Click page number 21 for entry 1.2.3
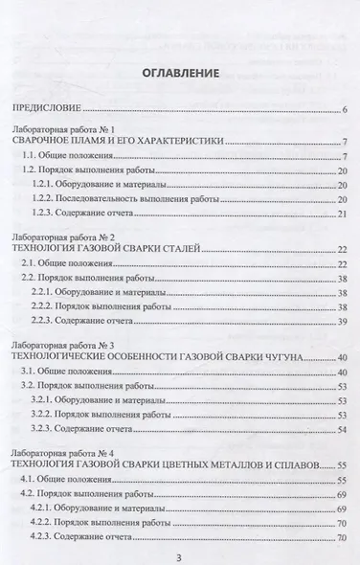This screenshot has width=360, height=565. (x=341, y=214)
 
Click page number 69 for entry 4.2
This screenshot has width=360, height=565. (x=341, y=492)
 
